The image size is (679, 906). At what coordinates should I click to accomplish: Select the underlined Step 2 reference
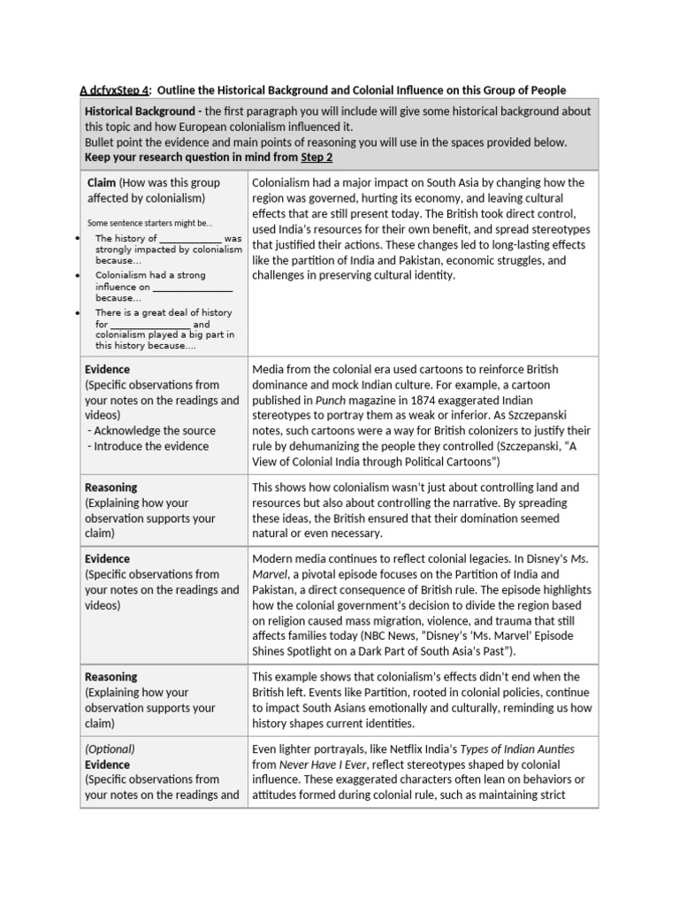(x=317, y=157)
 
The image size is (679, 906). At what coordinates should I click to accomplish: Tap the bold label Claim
(x=102, y=182)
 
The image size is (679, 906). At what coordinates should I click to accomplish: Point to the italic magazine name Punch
(x=331, y=400)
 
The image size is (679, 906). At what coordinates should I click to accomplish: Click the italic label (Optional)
(x=110, y=749)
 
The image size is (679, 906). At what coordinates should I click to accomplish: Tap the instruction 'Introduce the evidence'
(x=150, y=446)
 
